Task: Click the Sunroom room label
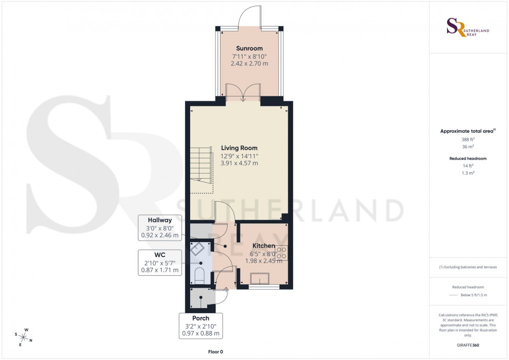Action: coord(249,48)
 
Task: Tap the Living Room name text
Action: coord(240,148)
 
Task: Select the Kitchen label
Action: coord(263,246)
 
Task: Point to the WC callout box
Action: coord(160,263)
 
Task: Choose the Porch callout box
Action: coord(201,326)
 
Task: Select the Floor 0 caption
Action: coord(216,352)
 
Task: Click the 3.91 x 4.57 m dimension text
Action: coord(240,163)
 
